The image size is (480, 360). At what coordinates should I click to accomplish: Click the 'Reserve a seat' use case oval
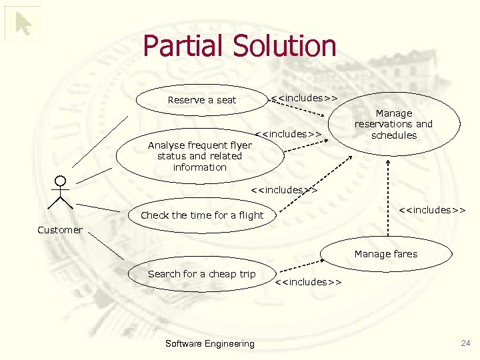tap(201, 100)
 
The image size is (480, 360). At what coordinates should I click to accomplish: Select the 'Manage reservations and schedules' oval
tap(393, 124)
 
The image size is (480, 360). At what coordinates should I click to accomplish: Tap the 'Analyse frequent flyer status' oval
tap(199, 156)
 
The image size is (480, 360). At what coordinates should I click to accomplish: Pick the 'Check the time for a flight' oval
tap(202, 215)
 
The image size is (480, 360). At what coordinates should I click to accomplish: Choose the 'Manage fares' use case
tap(385, 253)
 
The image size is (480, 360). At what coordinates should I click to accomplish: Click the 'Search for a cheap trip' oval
tap(201, 274)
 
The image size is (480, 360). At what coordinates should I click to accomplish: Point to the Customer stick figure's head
tap(61, 181)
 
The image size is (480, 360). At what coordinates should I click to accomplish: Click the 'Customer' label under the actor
tap(60, 230)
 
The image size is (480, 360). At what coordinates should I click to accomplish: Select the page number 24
tap(465, 343)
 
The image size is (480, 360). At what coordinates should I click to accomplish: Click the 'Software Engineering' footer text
tap(209, 343)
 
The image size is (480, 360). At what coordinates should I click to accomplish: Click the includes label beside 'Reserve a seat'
tap(304, 98)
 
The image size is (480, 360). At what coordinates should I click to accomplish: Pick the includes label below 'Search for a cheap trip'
tap(309, 282)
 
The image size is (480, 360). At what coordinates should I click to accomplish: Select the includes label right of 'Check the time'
tap(432, 211)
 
